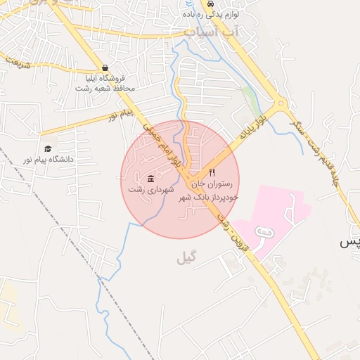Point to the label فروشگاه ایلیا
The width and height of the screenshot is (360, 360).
click(x=105, y=79)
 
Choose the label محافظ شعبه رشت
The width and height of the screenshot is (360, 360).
click(x=106, y=89)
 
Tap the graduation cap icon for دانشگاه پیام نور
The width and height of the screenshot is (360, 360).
click(x=48, y=148)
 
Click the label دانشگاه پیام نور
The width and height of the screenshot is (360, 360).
click(x=48, y=160)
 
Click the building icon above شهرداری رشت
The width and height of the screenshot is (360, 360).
click(x=151, y=178)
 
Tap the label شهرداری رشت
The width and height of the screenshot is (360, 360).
click(x=150, y=190)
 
